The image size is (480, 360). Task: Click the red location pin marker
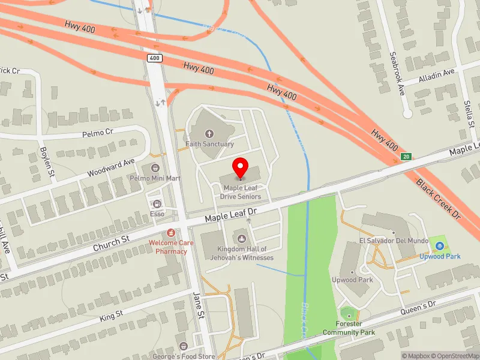(x=241, y=168)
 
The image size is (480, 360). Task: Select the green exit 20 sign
(x=406, y=157)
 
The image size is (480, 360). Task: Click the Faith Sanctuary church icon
(x=209, y=134)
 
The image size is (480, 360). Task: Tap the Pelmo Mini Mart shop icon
(x=155, y=168)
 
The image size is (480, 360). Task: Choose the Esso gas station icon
(x=157, y=204)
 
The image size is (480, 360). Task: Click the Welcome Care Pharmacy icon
(x=171, y=232)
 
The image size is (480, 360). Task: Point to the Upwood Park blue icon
(x=440, y=245)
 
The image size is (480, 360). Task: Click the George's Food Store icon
(x=183, y=346)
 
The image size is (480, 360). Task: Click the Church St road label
(x=112, y=242)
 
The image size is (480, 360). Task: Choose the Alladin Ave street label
(x=439, y=74)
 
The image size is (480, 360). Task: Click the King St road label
(x=111, y=314)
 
